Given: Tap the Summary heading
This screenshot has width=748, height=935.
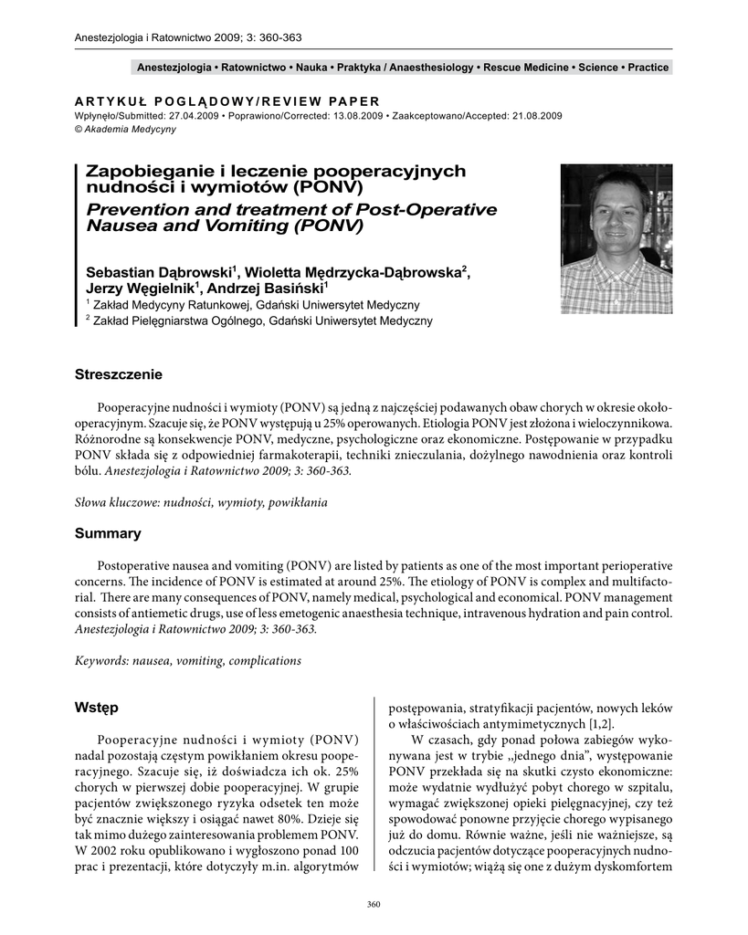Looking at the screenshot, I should coord(108,533).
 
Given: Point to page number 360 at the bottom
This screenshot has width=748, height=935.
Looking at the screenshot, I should coord(373,904).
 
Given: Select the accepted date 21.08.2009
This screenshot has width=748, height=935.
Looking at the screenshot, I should coord(531,116).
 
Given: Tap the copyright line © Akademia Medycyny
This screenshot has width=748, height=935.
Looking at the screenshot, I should coord(124,129).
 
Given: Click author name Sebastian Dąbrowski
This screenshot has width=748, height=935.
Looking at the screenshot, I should coord(161,271).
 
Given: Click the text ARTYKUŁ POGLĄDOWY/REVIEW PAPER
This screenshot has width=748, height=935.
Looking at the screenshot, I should coord(226,100).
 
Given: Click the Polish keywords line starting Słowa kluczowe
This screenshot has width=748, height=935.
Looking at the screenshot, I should coord(200,502).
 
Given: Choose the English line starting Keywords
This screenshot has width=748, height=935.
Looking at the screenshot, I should coord(187,660).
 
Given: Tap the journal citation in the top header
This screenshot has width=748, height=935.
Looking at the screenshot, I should coord(187,37).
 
